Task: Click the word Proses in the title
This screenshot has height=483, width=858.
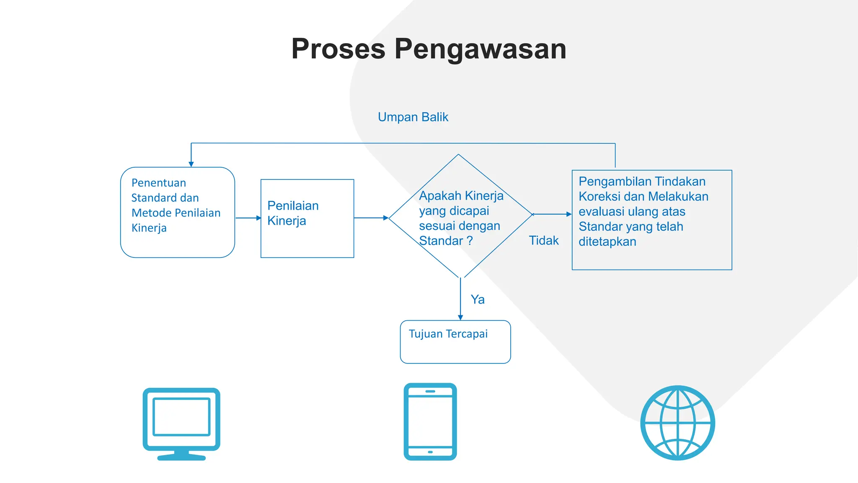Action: pos(338,49)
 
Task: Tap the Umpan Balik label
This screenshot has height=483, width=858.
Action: pos(413,117)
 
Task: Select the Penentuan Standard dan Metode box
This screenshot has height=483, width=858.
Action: pos(177,212)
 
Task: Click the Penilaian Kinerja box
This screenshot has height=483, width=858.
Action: pos(307,218)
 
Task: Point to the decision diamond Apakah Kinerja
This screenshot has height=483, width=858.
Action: pos(460,216)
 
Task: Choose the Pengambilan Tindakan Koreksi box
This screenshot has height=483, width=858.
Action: pos(651,220)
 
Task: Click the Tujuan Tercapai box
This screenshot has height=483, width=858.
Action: pos(455,342)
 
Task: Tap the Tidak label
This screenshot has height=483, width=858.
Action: pos(543,241)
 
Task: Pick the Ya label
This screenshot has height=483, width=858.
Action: pos(477,299)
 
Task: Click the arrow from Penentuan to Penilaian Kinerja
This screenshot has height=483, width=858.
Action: pos(248,218)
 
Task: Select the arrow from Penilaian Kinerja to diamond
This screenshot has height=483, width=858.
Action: pos(371,218)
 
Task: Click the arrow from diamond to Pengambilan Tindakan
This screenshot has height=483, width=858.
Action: pos(552,214)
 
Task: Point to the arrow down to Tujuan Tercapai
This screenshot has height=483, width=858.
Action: pos(460,299)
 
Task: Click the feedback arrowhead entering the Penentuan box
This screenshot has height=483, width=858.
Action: pos(191,164)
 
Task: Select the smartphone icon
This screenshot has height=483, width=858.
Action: pos(430,421)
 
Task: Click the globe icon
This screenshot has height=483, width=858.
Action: pos(677,423)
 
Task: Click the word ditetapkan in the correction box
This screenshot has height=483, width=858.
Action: pos(607,242)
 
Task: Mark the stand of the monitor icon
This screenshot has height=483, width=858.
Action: pos(181,456)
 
